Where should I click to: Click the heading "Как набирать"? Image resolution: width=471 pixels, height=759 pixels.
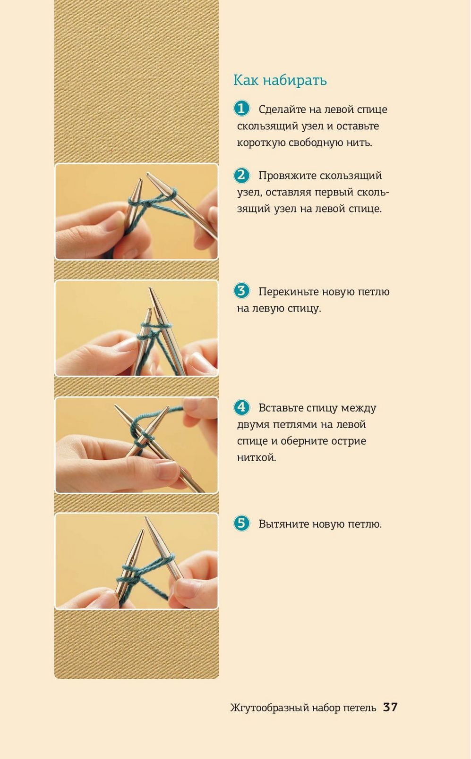(280, 80)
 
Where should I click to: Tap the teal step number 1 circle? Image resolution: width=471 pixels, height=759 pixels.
(241, 109)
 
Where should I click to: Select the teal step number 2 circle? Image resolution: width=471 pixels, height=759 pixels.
(241, 175)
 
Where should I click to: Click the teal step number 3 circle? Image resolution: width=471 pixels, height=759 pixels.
(241, 291)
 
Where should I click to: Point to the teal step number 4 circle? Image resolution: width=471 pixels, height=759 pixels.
(241, 407)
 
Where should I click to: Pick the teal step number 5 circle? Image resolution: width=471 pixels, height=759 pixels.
(241, 523)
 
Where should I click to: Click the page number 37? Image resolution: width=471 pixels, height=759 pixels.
(390, 707)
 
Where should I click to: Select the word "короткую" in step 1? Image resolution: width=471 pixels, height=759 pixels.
(260, 143)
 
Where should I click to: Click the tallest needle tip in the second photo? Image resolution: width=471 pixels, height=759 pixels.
(150, 288)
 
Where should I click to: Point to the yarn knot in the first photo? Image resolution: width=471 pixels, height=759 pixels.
(148, 203)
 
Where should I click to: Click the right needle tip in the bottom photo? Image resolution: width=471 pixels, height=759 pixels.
(146, 518)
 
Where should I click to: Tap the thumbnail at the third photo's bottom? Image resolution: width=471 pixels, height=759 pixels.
(167, 470)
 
